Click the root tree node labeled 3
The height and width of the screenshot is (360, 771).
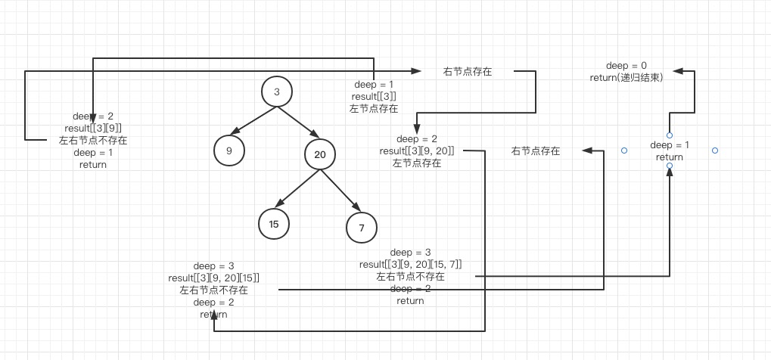277,92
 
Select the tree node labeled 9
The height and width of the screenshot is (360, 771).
229,150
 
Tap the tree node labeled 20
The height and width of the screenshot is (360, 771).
319,155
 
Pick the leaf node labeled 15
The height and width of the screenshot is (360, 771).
273,223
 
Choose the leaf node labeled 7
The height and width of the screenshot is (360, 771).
362,228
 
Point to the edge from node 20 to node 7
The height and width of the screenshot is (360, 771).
340,191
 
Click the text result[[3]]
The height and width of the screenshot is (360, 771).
374,96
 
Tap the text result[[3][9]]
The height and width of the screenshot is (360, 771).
93,128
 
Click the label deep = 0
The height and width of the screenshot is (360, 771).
626,66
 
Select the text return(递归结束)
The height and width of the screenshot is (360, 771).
626,77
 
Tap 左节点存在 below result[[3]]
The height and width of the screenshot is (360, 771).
374,108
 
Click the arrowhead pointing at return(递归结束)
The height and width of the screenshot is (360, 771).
678,71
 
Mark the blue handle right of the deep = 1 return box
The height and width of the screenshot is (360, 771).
715,151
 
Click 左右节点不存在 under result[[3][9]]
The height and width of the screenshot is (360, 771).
93,140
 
